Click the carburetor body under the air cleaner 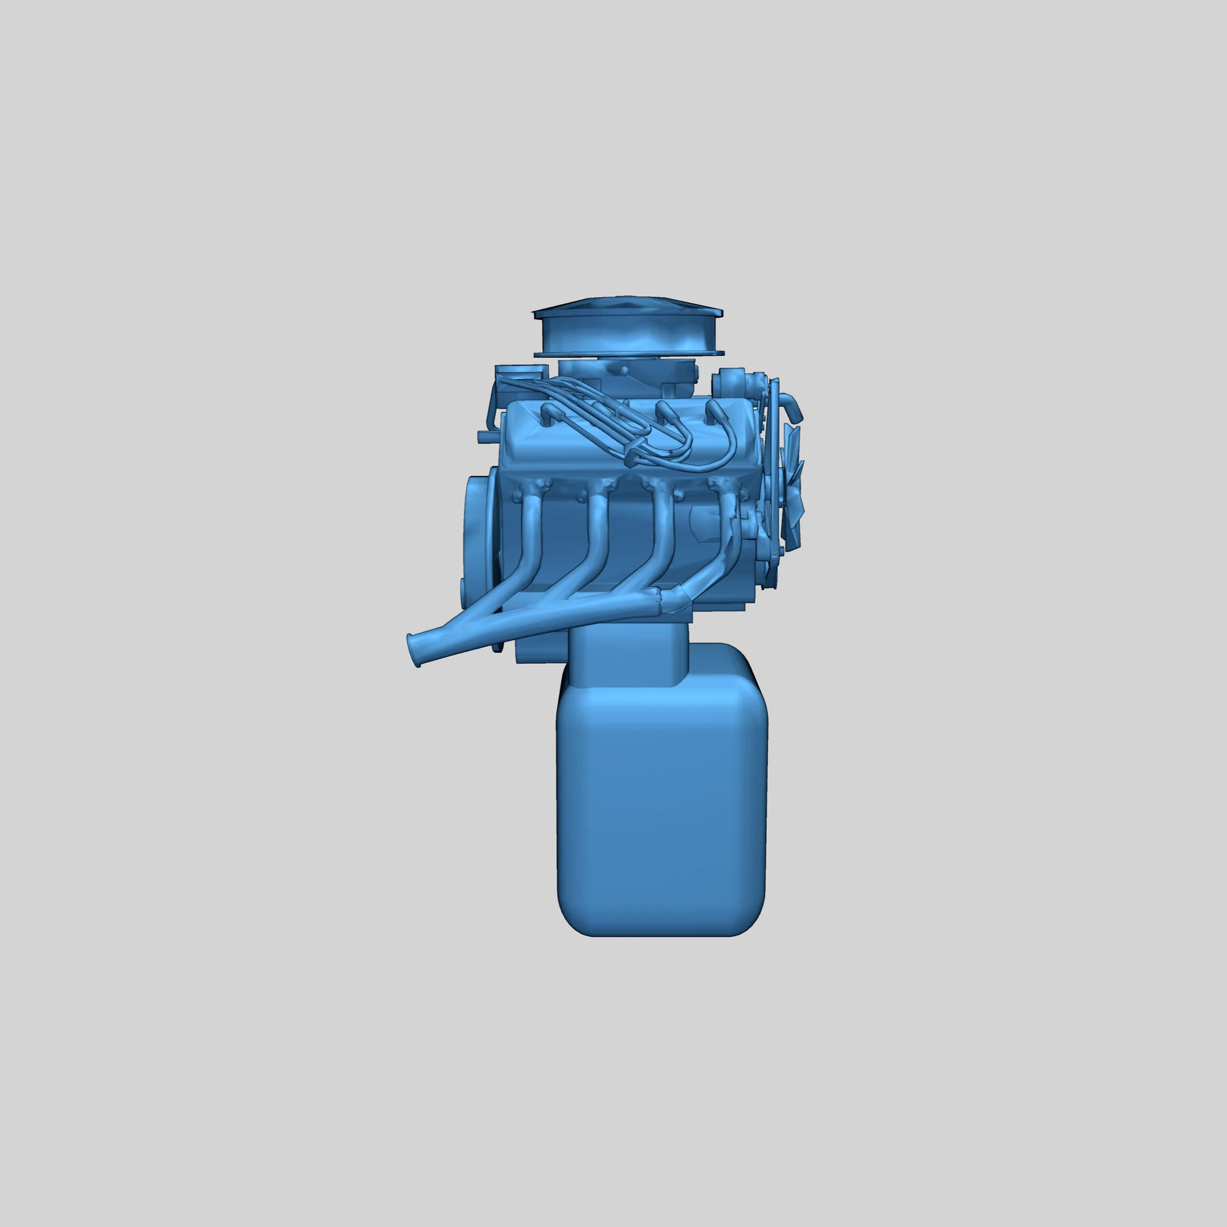pyautogui.click(x=623, y=374)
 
